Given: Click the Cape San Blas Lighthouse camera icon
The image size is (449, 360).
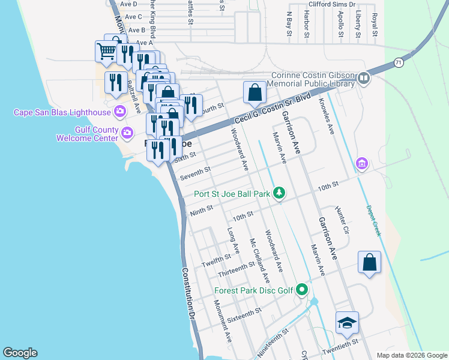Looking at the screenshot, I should coord(120,111).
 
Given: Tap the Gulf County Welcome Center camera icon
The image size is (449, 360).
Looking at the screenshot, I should coord(127,133).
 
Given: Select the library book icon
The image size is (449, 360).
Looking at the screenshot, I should coord(364,79).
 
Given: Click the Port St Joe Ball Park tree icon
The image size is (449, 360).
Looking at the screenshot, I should coord(279,193).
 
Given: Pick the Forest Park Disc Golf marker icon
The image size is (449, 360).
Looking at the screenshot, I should coord(302,290).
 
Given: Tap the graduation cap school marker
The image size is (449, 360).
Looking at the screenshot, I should coord(347,323).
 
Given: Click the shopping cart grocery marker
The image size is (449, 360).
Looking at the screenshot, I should coord(106,52).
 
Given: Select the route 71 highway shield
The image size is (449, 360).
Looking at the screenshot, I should coord(399,62).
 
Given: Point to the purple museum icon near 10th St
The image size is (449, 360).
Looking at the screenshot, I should coord(361,163).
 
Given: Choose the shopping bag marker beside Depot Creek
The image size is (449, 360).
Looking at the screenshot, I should coord(369,263).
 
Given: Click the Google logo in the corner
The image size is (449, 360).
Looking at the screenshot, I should coord(20,353).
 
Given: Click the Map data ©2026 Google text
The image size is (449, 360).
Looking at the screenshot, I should coord(411,355).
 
